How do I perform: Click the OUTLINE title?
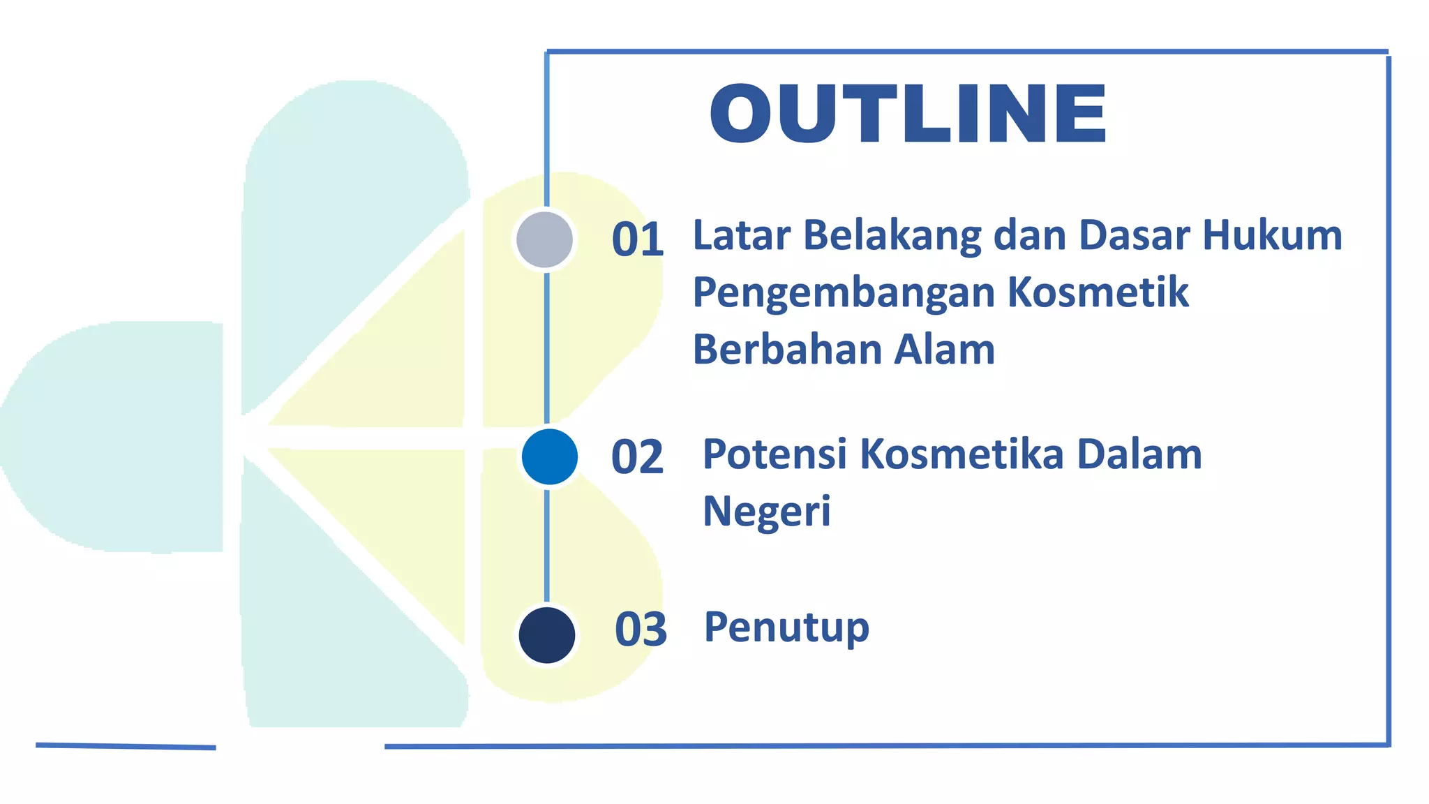[x=907, y=114]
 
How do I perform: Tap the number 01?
[x=637, y=239]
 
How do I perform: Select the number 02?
[x=637, y=457]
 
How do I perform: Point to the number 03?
[x=641, y=629]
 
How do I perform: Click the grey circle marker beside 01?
[x=544, y=239]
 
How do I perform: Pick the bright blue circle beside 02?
[x=549, y=457]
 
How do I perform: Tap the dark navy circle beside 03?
[x=546, y=635]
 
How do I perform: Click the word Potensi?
[x=775, y=454]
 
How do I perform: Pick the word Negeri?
[x=766, y=512]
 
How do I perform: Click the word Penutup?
[x=786, y=627]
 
